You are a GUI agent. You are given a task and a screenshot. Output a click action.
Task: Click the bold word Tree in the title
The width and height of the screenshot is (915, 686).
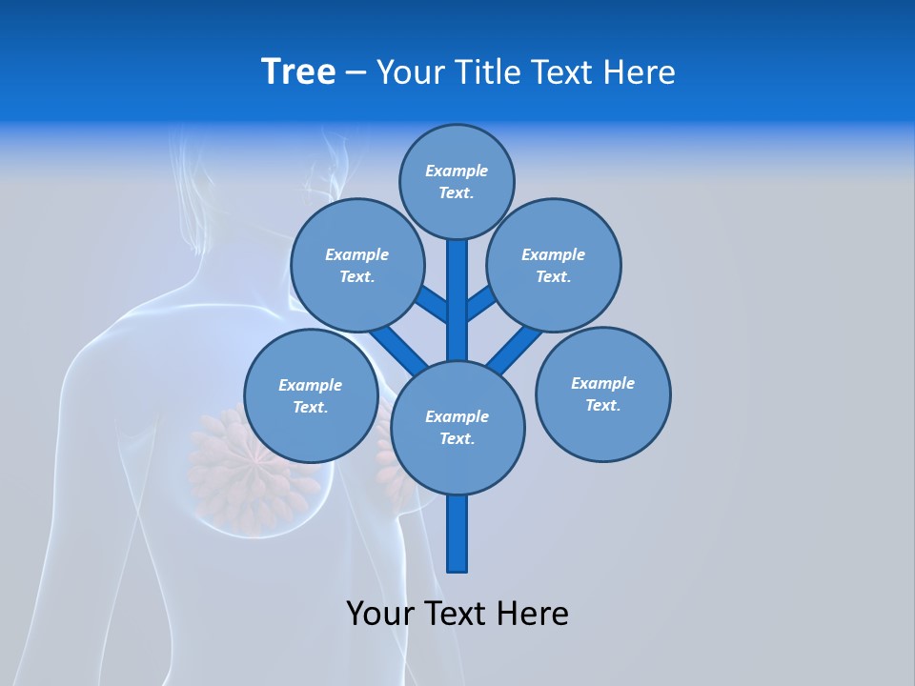click(x=298, y=71)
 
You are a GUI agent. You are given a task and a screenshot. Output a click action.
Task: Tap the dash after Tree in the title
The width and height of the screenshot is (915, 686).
click(x=356, y=72)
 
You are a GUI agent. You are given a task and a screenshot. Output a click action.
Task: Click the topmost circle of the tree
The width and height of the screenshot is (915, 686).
click(x=457, y=181)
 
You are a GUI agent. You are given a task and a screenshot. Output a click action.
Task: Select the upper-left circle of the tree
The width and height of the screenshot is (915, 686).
click(x=356, y=265)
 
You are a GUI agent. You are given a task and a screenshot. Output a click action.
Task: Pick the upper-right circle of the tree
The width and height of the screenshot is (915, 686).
click(x=554, y=265)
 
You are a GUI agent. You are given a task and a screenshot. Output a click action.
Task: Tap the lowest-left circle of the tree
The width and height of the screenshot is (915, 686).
click(x=311, y=395)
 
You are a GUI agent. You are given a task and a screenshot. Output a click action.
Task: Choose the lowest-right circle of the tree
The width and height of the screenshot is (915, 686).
click(x=602, y=393)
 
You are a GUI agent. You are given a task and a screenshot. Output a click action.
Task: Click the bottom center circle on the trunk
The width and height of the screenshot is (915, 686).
click(x=457, y=427)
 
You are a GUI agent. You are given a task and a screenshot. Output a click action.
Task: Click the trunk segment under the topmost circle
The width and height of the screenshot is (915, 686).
click(x=457, y=295)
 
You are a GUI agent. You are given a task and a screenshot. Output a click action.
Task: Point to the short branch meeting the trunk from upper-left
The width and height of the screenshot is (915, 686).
click(x=432, y=304)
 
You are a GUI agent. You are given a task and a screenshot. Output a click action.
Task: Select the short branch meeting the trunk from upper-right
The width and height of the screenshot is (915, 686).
click(x=482, y=303)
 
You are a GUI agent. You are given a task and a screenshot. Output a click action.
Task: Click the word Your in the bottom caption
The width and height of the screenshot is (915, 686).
click(x=380, y=614)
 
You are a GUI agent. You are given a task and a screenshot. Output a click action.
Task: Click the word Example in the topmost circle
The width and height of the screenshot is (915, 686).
click(x=457, y=171)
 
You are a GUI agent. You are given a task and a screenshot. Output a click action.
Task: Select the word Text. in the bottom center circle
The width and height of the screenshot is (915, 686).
click(x=457, y=438)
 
